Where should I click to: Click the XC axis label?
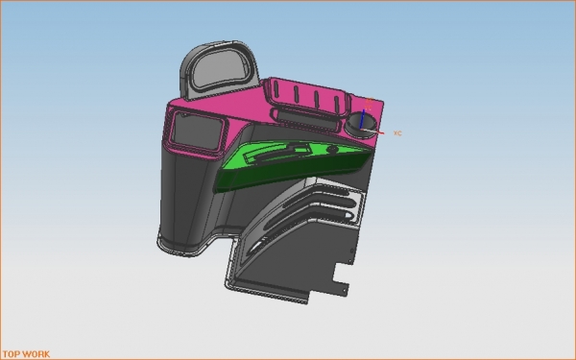pos(397,133)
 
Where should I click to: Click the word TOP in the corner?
pos(11,354)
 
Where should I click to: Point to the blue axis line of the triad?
pos(363,119)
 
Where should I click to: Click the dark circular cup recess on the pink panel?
pos(361,125)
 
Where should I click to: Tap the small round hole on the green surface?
pos(332,149)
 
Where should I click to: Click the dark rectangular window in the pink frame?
pos(197,130)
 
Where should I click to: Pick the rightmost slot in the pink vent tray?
pos(337,104)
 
